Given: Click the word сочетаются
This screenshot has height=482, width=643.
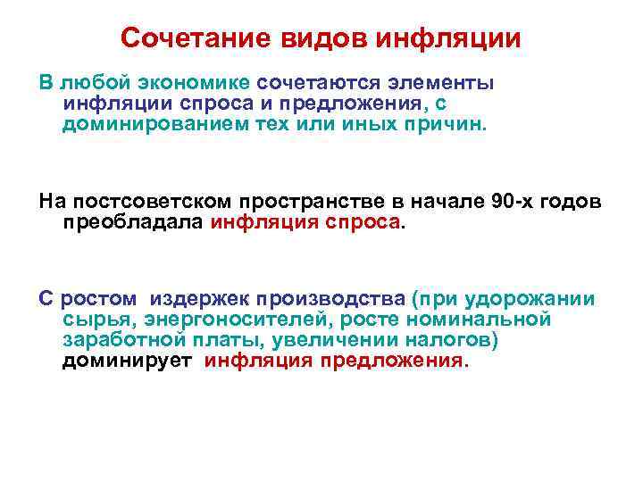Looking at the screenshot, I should (x=318, y=83).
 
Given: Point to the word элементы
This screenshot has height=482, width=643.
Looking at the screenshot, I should (x=441, y=83).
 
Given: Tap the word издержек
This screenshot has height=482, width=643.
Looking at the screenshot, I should (x=199, y=298).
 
